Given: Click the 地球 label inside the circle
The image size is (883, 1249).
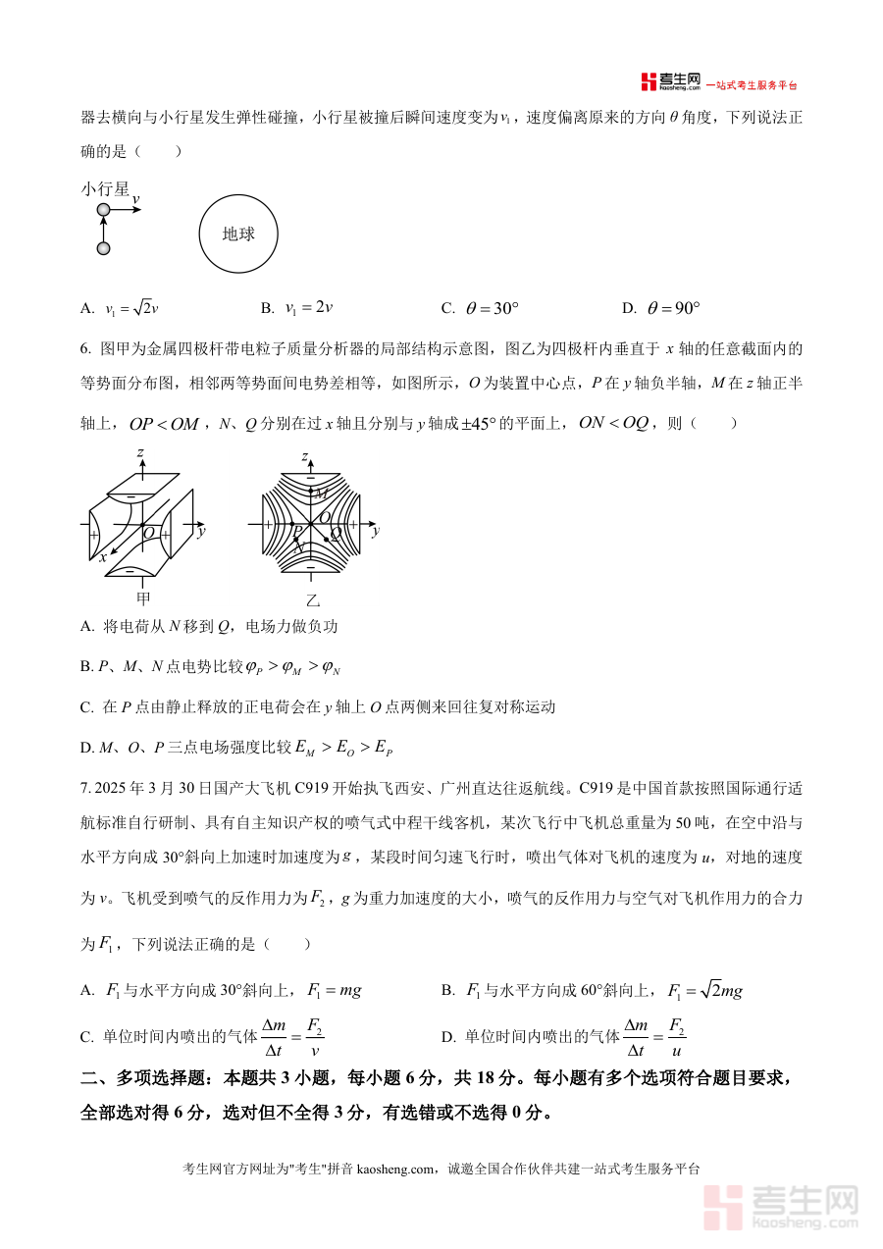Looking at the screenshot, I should coord(238,234).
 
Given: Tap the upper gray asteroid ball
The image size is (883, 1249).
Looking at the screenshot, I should coord(103,210).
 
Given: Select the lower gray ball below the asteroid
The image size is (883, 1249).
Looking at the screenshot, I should coord(103,248).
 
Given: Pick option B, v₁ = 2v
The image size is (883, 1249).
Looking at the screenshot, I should coord(308,308).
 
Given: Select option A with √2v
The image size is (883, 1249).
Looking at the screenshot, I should coord(130,308).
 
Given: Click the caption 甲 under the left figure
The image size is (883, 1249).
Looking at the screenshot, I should coord(143,598).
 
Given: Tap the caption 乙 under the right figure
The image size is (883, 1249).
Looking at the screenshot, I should coord(313,599).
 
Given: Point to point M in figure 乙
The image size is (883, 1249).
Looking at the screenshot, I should coord(320,494).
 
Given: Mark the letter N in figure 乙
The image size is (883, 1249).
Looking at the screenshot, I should coord(299,548).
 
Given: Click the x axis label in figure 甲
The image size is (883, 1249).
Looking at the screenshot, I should coord(102,556).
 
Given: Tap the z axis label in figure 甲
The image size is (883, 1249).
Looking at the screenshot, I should coord(141,452).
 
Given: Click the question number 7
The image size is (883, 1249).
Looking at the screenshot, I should coord(84,789).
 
